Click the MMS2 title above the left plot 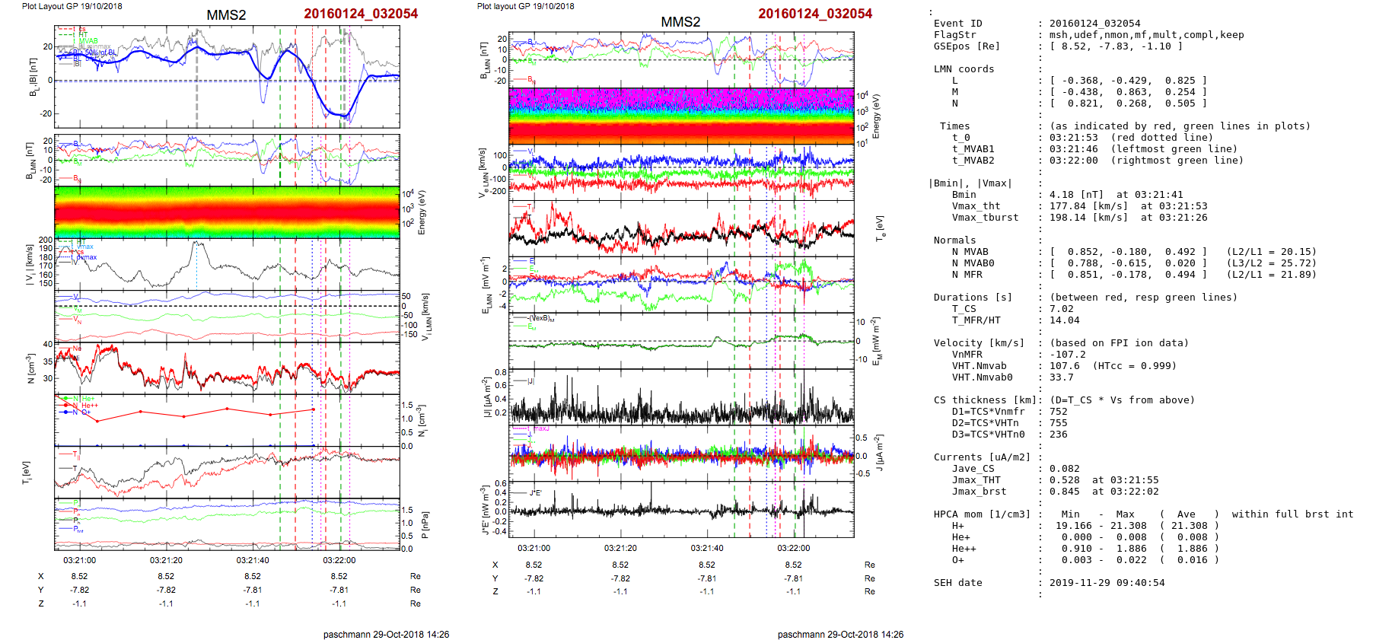[x=226, y=15]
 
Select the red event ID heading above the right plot [x=814, y=14]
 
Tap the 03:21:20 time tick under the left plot [x=166, y=560]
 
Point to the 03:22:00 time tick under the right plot [x=793, y=548]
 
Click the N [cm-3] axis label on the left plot [x=31, y=368]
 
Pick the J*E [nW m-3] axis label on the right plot [x=484, y=510]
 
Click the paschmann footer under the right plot [x=840, y=634]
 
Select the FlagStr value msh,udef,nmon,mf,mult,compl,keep [x=1146, y=35]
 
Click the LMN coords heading [x=964, y=69]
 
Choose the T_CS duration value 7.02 [x=1061, y=309]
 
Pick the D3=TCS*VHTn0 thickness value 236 [x=1058, y=435]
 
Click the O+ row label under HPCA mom [x=957, y=560]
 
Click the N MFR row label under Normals [x=967, y=275]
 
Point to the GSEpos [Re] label [x=967, y=46]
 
